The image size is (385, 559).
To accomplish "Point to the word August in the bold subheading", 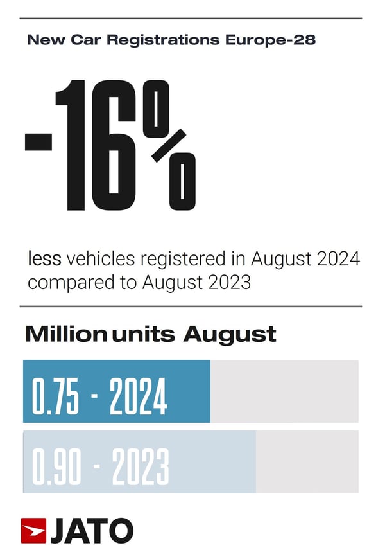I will pyautogui.click(x=230, y=335).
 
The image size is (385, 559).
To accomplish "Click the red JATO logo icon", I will pyautogui.click(x=33, y=531).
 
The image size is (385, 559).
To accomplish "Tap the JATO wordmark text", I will pyautogui.click(x=92, y=531).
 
